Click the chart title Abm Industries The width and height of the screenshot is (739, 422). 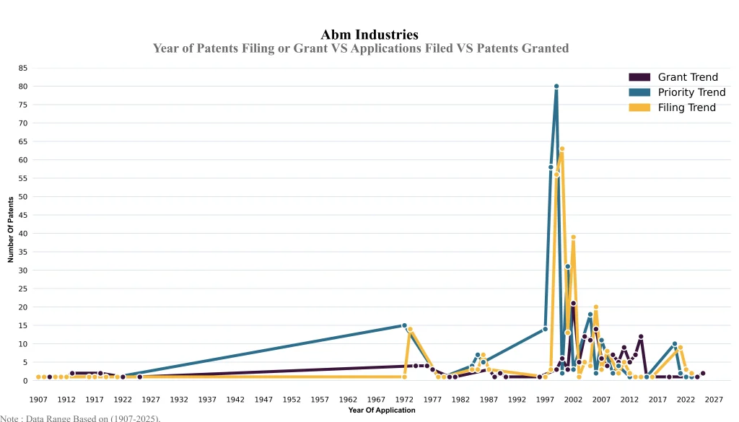coord(369,35)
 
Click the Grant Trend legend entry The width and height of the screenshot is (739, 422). coord(687,77)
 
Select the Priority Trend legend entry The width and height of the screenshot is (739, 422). coord(691,92)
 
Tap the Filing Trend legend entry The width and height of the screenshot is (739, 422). coord(686,107)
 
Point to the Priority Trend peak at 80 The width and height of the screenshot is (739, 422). coord(556,87)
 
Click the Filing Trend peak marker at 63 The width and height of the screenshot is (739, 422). coord(562,149)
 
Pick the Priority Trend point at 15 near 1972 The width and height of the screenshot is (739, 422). coord(404,325)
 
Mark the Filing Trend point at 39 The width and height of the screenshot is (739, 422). coord(573,237)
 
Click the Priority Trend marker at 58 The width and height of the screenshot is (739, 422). coord(551,167)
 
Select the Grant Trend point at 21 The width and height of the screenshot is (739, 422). coord(573,303)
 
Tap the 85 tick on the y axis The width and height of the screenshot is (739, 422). coord(23,68)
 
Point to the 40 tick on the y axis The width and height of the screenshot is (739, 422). coord(23,234)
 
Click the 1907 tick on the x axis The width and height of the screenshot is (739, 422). coord(38,399)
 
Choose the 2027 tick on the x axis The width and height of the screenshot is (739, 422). coord(714,399)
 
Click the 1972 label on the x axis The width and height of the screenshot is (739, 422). coord(404,399)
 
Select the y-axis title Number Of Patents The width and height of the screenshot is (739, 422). coord(11,229)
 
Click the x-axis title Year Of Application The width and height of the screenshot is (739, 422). coord(381,410)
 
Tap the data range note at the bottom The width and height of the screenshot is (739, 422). coord(80,418)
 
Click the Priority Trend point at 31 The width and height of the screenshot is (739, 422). coord(568,266)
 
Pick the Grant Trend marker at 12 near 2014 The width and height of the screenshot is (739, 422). coord(641,336)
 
